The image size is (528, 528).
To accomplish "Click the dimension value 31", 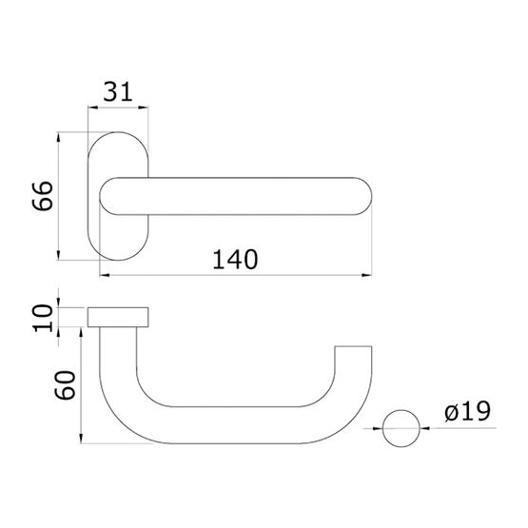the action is (x=118, y=91).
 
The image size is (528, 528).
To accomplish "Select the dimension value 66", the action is (x=43, y=196).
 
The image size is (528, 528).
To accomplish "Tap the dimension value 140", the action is (x=235, y=260).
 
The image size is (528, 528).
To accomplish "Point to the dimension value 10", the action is (x=43, y=318).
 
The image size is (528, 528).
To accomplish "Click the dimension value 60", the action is (x=66, y=385).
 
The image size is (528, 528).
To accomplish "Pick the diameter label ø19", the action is (x=467, y=411).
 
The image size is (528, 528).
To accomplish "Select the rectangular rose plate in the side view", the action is (x=118, y=317).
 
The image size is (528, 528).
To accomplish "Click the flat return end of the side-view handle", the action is (x=353, y=346).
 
